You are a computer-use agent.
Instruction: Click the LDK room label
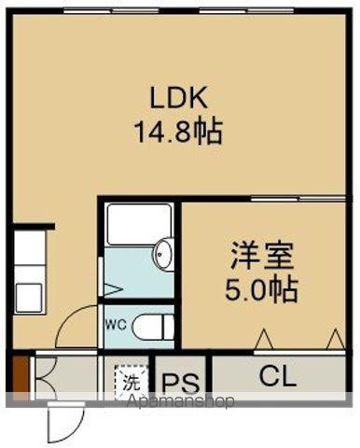179,97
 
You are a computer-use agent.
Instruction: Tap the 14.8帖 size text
178,132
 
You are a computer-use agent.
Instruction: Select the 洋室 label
262,256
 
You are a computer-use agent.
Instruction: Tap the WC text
116,325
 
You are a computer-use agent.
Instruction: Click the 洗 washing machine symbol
131,384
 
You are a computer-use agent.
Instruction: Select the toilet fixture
153,327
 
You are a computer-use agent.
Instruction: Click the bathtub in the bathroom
139,224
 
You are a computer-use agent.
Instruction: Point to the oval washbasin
162,254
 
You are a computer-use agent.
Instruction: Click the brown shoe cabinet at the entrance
21,378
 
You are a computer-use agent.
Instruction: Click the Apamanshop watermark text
181,401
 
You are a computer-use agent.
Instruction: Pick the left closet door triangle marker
264,339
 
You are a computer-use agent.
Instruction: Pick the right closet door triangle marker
336,339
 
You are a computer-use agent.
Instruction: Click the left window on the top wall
112,11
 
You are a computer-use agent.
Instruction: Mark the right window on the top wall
246,11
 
